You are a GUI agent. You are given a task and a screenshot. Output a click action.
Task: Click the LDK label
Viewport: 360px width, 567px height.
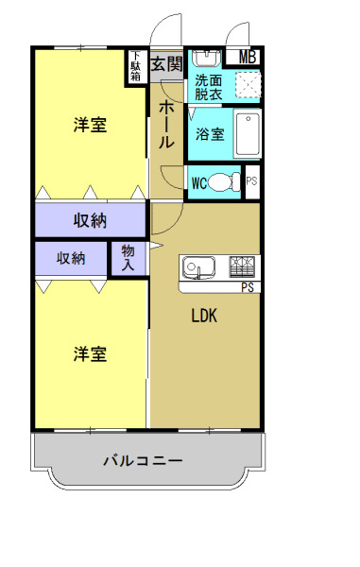click(205, 317)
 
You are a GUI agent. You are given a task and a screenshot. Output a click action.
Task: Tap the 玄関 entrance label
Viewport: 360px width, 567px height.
click(166, 64)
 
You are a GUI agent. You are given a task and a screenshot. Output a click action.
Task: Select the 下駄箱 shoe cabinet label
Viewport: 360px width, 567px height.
click(137, 66)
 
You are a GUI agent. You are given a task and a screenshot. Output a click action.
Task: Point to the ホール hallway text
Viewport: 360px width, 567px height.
click(165, 125)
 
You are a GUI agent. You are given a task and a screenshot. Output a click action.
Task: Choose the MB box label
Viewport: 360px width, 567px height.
click(248, 57)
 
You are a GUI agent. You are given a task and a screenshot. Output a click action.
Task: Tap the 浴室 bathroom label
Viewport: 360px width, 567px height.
click(210, 134)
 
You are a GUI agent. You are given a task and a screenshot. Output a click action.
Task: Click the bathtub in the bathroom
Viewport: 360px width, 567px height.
click(248, 135)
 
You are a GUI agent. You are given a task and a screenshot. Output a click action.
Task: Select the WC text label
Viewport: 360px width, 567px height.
click(199, 182)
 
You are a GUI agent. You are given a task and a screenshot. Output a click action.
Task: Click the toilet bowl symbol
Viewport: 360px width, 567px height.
click(225, 182)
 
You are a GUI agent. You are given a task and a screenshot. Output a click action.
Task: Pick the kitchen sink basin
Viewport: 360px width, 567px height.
click(198, 266)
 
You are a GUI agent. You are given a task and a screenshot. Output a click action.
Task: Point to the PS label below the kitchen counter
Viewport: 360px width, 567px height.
click(248, 287)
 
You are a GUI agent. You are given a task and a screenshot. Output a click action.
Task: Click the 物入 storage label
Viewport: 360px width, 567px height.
click(129, 257)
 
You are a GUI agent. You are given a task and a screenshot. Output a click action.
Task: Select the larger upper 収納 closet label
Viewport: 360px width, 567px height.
click(90, 220)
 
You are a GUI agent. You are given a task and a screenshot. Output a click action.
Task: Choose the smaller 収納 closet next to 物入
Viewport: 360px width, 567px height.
click(72, 257)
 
